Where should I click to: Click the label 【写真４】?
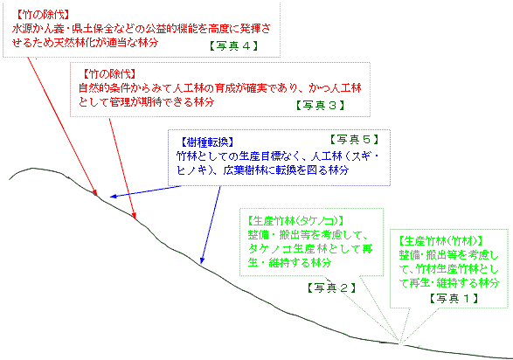tap(233, 45)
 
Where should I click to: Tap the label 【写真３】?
tap(321, 105)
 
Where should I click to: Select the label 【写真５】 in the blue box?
tap(354, 140)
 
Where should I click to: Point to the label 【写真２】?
tap(331, 287)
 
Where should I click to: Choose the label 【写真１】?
tap(454, 298)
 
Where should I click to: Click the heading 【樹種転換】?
tap(207, 142)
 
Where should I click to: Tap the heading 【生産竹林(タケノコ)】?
tap(295, 221)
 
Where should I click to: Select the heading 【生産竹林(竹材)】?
tap(440, 241)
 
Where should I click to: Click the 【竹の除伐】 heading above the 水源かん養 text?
tap(43, 14)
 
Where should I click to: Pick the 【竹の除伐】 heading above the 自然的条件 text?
tap(109, 74)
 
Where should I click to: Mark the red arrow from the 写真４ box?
tap(62, 126)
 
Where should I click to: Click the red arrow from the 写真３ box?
tap(122, 169)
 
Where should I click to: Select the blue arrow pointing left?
tap(146, 191)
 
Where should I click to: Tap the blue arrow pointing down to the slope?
tap(211, 225)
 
